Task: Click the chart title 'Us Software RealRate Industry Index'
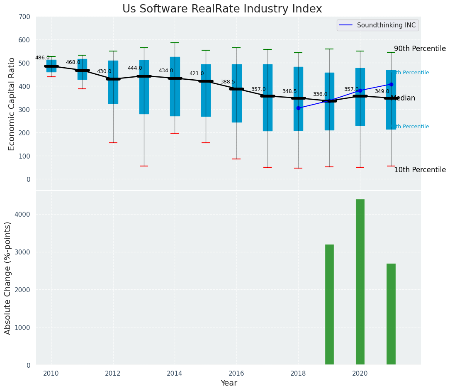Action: point(222,9)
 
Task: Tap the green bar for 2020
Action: point(360,282)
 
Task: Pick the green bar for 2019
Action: point(329,305)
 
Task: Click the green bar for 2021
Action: point(391,314)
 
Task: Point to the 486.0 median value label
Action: point(42,58)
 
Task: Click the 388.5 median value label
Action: point(228,82)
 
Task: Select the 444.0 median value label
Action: point(135,68)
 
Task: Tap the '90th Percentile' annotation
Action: point(420,49)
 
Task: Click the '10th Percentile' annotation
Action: point(420,170)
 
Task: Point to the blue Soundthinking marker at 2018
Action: point(298,108)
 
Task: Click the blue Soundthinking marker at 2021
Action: point(391,84)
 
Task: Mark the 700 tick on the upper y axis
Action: point(24,17)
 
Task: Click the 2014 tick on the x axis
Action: point(175,373)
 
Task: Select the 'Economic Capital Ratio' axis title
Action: point(12,104)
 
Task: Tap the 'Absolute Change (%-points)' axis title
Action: point(8,278)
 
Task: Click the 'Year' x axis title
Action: point(229,383)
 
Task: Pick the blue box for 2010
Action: point(51,66)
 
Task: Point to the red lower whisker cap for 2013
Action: point(144,166)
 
